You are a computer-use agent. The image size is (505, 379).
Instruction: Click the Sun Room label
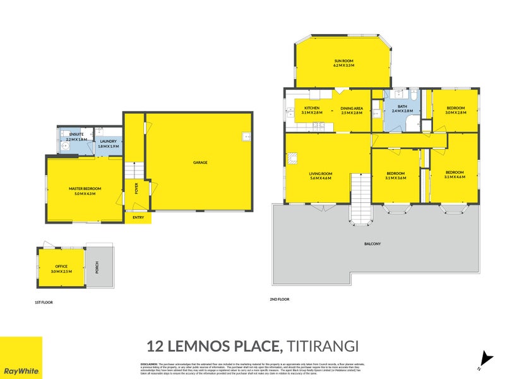[x=344, y=63]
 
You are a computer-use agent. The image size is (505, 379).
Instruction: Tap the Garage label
[x=200, y=162]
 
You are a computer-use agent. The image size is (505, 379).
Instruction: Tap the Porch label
[x=97, y=267]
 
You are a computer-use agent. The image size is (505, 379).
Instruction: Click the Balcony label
[x=372, y=244]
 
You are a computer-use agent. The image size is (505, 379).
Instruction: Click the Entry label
[x=138, y=218]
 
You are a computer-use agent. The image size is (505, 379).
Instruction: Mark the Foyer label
[x=135, y=188]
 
